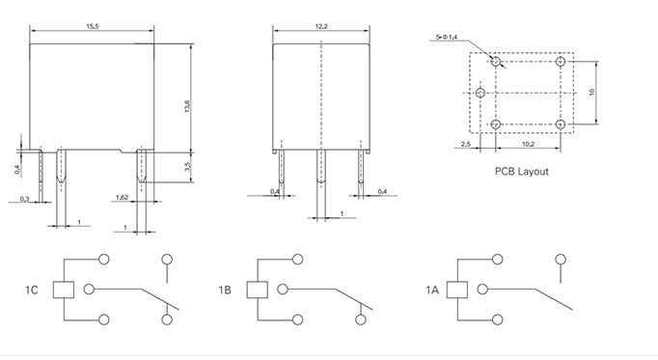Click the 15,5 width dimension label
click(x=93, y=26)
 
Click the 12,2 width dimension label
click(x=321, y=26)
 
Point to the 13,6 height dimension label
click(x=187, y=106)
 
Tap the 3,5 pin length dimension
click(x=187, y=167)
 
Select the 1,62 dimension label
click(x=122, y=197)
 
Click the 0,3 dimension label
click(x=25, y=199)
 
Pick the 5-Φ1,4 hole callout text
click(x=447, y=37)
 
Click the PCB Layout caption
click(x=522, y=171)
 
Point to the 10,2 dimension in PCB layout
click(x=529, y=144)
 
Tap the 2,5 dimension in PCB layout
click(x=465, y=144)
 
